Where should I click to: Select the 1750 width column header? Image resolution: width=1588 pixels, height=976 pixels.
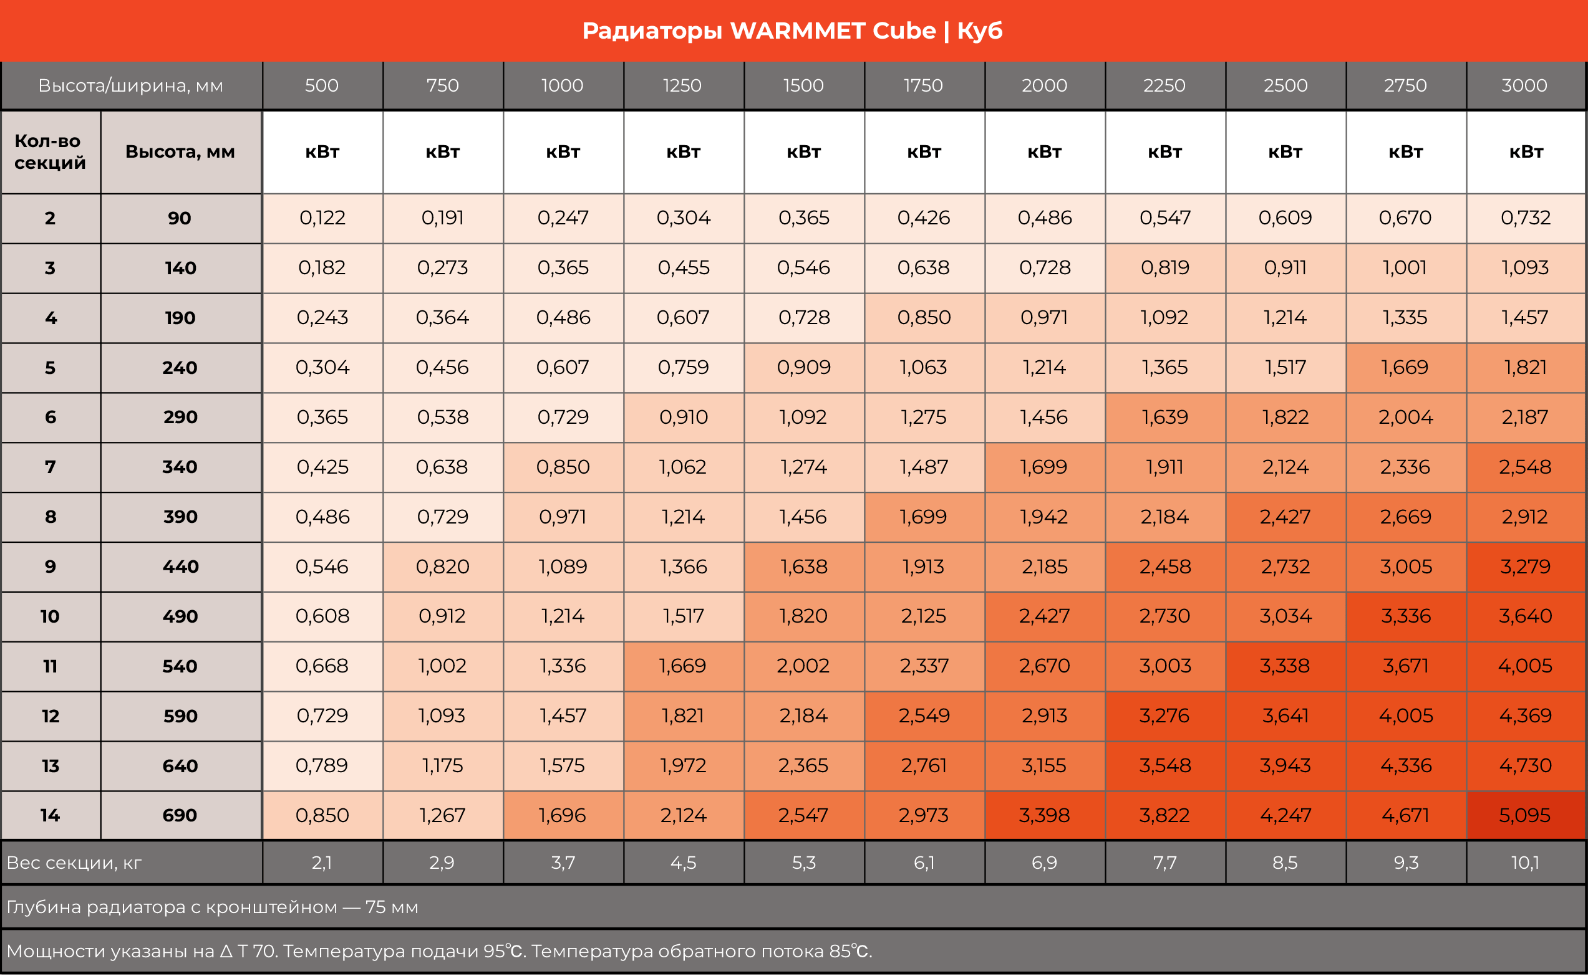point(924,85)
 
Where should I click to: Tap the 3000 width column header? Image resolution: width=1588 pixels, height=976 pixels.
point(1525,85)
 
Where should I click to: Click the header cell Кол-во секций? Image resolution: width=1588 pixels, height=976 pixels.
point(51,151)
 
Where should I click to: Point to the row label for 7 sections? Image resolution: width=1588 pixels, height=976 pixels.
point(51,467)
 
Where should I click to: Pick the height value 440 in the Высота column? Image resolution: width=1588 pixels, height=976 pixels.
point(180,566)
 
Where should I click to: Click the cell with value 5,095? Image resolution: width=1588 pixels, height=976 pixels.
point(1525,815)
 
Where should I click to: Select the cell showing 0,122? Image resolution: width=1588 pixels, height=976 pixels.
point(322,218)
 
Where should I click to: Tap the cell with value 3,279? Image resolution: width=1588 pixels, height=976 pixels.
point(1525,566)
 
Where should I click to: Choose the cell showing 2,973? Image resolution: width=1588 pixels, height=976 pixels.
point(924,815)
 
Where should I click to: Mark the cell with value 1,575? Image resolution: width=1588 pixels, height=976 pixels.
point(563,765)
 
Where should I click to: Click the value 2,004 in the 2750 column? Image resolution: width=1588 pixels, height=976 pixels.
point(1405,417)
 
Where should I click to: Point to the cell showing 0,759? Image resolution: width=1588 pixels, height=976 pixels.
point(683,367)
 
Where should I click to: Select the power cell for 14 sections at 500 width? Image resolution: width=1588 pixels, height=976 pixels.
point(322,815)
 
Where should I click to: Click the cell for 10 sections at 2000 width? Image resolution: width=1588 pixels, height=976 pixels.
point(1044,616)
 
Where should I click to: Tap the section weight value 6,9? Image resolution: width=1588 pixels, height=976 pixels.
point(1044,863)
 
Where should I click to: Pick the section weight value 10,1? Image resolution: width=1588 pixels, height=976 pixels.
point(1525,863)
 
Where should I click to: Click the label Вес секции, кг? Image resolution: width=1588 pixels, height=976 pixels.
point(74,863)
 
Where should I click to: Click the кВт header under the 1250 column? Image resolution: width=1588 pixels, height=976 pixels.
point(683,151)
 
